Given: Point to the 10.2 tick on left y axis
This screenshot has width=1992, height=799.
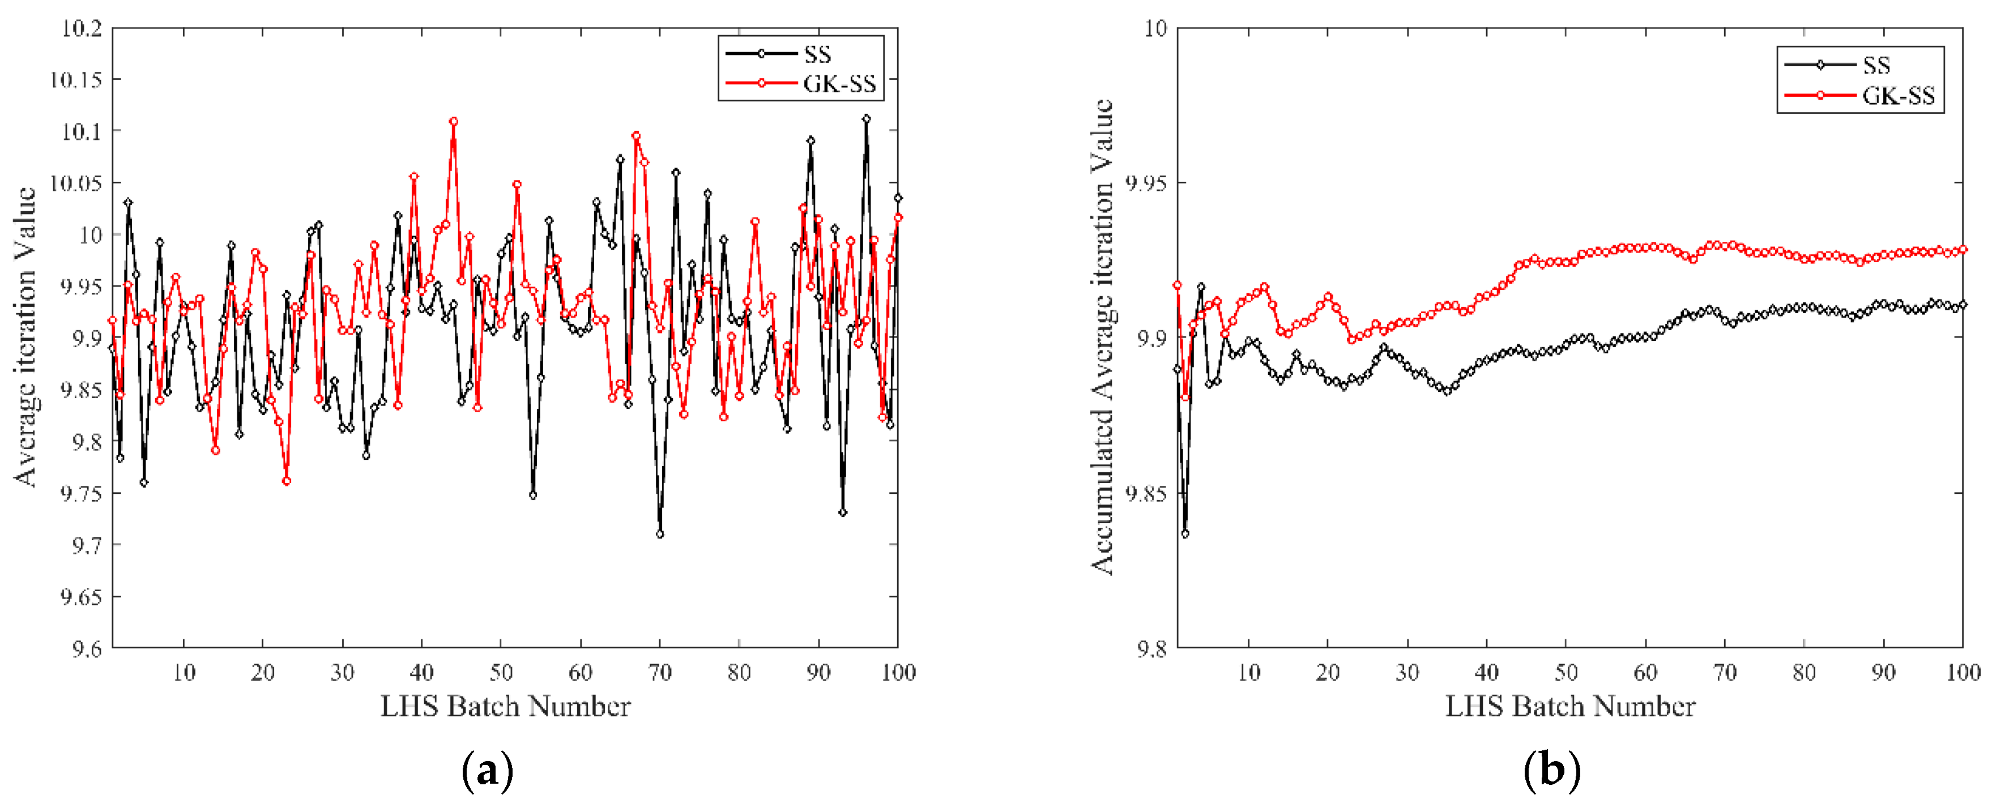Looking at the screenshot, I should click(x=80, y=29).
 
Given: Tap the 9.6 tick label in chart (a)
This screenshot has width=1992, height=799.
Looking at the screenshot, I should click(x=86, y=648).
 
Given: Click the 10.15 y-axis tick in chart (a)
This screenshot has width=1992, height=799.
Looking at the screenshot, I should click(x=76, y=80).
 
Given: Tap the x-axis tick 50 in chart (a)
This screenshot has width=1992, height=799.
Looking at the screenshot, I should click(x=501, y=672).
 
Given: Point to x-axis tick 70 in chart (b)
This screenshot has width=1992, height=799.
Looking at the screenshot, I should click(x=1725, y=672).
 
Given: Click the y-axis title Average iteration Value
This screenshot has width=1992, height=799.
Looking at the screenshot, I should click(x=25, y=336).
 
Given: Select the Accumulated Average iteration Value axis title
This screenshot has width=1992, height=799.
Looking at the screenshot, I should click(x=1102, y=336).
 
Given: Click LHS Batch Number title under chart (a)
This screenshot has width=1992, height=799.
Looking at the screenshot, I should click(x=505, y=706).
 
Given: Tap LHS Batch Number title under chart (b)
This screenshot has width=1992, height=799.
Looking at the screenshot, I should click(x=1570, y=706).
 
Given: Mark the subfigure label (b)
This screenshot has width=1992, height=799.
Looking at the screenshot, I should click(x=1551, y=771).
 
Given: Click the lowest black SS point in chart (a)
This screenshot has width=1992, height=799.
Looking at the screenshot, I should click(x=660, y=533).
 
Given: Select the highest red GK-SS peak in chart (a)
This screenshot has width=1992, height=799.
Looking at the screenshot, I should click(x=453, y=121).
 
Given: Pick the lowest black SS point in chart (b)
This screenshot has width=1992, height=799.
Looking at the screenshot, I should click(x=1185, y=533).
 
